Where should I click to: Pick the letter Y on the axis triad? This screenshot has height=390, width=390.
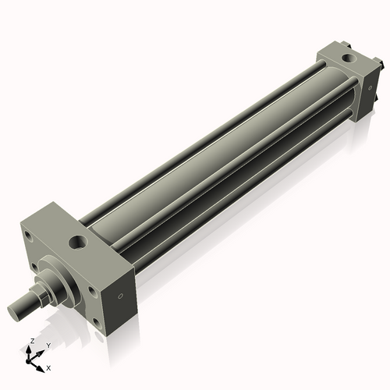[48, 345]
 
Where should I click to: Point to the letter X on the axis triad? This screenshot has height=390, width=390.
[48, 367]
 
